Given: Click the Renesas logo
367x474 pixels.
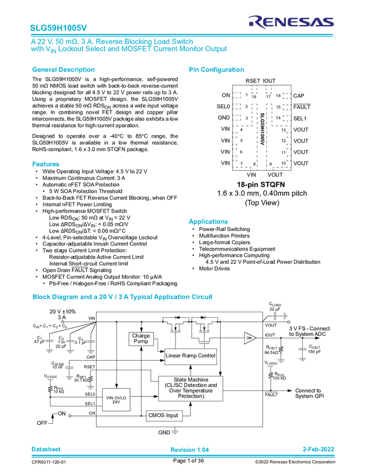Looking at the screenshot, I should click(x=291, y=22).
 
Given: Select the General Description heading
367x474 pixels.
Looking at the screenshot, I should click(x=63, y=70).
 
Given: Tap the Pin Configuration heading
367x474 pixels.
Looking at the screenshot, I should click(x=217, y=70).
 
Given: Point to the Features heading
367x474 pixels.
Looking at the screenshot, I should click(x=45, y=164).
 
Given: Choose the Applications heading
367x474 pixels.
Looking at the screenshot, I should click(x=208, y=221).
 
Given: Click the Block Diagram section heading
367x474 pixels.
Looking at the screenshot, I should click(x=122, y=297).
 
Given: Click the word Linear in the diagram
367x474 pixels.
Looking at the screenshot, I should click(x=174, y=356).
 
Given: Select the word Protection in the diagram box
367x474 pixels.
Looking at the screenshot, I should click(x=190, y=396).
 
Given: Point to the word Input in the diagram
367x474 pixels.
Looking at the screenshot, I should click(x=172, y=415).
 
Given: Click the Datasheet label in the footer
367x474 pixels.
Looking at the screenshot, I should click(x=46, y=449).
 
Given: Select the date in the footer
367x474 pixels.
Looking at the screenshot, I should click(x=318, y=449).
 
